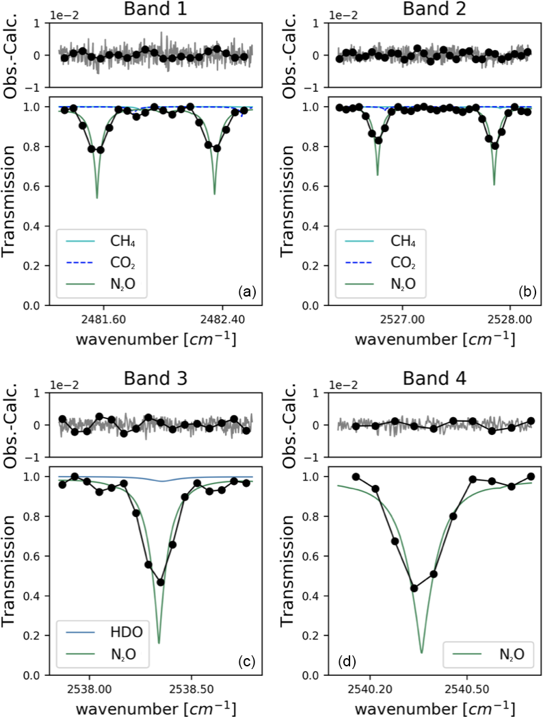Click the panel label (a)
tap(246, 292)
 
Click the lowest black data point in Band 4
tap(414, 588)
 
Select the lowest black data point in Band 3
tap(161, 582)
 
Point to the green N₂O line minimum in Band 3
tap(159, 643)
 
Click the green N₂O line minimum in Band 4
tap(421, 653)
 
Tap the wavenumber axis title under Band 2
tap(436, 338)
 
